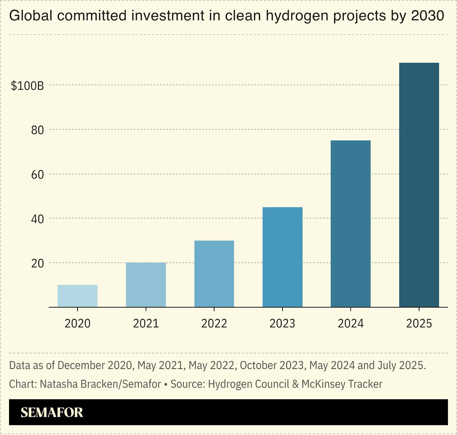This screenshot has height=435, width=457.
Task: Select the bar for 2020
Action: click(x=77, y=296)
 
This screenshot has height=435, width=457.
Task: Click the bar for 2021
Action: click(x=146, y=285)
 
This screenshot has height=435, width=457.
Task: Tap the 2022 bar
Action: click(x=214, y=274)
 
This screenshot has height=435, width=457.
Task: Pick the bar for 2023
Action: click(x=282, y=257)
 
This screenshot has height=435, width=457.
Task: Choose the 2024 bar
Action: click(x=350, y=224)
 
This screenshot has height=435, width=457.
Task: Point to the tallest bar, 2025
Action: click(x=419, y=185)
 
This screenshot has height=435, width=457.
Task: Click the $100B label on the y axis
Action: click(x=27, y=86)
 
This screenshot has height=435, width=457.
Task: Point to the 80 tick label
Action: click(x=37, y=130)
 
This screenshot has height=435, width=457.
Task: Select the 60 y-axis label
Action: click(x=37, y=175)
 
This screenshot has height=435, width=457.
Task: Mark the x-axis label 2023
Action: click(x=282, y=324)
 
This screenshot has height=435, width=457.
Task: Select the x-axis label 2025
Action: click(x=419, y=324)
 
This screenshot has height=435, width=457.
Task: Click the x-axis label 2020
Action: click(x=77, y=324)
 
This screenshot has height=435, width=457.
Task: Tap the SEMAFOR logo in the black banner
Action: click(x=52, y=412)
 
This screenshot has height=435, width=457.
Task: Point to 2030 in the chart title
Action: click(x=428, y=15)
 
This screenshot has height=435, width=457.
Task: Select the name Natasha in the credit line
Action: click(x=58, y=384)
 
